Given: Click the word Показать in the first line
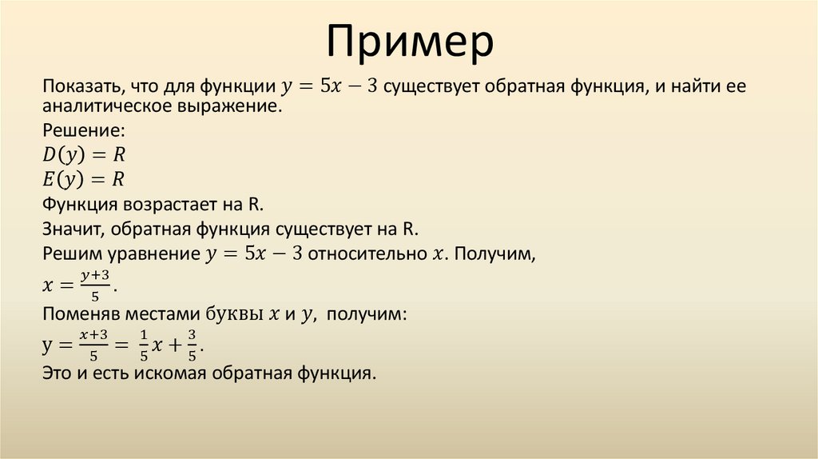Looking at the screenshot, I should click(x=78, y=86).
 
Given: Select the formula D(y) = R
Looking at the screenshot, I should click(x=84, y=154).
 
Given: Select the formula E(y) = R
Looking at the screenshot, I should click(x=83, y=179).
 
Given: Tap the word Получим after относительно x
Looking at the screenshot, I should click(x=494, y=254).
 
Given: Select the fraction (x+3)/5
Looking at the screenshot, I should click(x=93, y=345).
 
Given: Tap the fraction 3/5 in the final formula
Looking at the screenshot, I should click(x=192, y=345).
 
